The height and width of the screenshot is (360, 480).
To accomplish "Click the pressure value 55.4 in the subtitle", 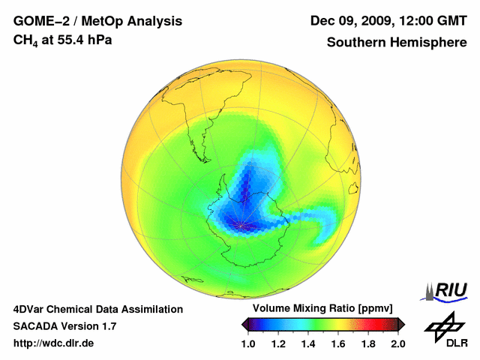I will click(67, 39).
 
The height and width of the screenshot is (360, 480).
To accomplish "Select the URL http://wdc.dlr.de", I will click(54, 343).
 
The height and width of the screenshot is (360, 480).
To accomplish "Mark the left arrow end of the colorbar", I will click(244, 324).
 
